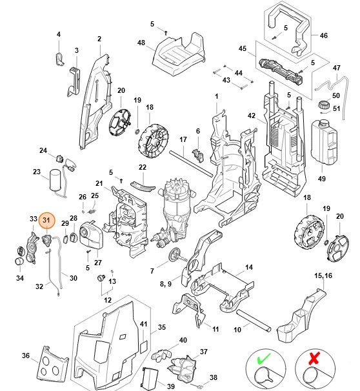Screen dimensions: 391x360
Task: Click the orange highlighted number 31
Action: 46,221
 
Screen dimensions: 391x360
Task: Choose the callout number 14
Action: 249,266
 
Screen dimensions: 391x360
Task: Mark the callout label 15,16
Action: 322,276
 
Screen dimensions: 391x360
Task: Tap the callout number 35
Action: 162,328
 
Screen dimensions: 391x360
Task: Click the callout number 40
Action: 183,340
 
